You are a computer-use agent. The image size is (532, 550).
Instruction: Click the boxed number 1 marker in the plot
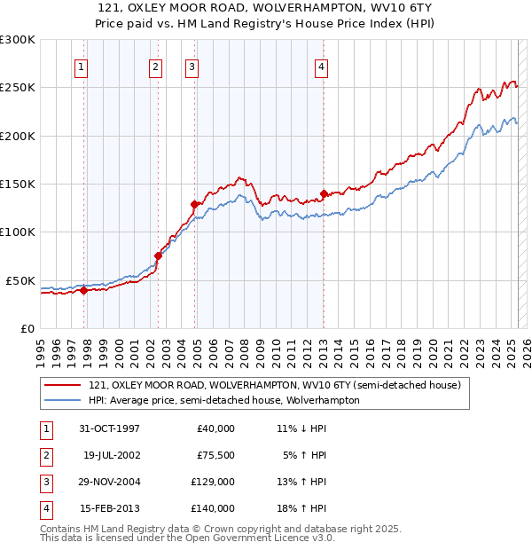81,66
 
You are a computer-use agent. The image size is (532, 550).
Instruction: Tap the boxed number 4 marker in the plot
321,66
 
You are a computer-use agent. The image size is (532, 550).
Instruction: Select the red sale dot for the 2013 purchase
324,193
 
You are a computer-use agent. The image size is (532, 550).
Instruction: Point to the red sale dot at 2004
194,204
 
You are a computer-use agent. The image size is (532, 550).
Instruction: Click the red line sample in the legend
61,386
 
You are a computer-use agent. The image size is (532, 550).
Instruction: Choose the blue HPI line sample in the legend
61,401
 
